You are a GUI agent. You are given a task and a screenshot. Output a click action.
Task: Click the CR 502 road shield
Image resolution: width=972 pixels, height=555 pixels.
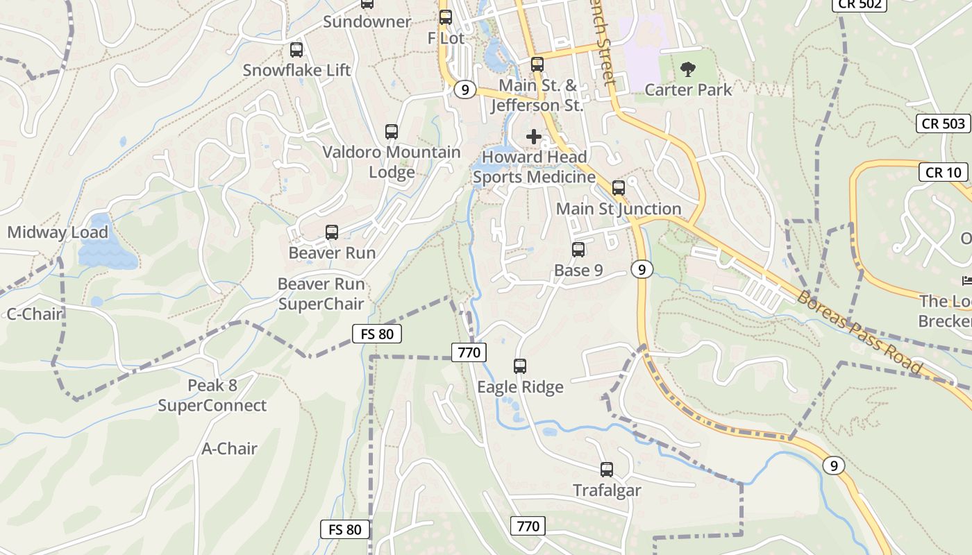coord(861,4)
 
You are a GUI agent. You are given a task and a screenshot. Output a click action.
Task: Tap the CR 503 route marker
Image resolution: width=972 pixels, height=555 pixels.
coord(944,123)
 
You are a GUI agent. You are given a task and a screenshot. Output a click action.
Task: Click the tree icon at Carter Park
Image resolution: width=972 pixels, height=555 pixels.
coord(688,69)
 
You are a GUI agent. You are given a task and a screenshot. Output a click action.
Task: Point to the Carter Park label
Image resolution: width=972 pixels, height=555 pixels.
coord(688,89)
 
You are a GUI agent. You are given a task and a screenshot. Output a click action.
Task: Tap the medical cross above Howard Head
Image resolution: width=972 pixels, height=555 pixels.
coord(533,137)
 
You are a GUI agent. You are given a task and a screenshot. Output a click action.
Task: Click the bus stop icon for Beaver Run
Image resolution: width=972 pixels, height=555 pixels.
coord(332,232)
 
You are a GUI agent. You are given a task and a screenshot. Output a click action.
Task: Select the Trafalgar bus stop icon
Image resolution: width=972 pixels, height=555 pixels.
coord(607,470)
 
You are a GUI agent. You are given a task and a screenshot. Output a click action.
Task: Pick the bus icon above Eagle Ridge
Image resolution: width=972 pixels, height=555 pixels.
coord(520,366)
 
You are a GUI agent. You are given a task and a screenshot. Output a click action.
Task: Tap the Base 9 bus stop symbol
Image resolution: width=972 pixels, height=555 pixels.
coord(578,250)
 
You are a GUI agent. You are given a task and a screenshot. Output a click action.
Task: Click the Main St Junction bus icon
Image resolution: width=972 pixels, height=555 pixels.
coord(619,188)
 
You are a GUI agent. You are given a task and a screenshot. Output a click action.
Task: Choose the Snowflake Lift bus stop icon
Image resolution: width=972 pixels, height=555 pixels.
coord(296,50)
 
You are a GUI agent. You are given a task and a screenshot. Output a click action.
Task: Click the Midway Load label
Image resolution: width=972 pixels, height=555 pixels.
coord(58,232)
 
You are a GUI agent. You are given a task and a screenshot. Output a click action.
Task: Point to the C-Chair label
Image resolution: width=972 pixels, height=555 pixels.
coord(35,314)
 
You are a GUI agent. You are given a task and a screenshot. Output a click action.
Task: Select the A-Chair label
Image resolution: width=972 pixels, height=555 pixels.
coord(229,449)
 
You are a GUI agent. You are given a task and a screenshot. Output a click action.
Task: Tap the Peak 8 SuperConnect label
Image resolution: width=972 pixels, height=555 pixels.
coord(212,395)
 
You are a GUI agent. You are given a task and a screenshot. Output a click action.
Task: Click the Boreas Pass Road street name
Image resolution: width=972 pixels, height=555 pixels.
coord(860,333)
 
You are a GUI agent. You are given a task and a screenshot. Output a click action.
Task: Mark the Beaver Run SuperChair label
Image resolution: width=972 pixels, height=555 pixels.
coord(321,293)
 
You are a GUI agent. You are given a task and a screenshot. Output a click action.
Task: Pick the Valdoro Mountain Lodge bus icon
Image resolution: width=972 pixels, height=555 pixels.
coord(392,132)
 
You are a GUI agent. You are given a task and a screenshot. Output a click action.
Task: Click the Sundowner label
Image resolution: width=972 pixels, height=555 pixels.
coord(367,22)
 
